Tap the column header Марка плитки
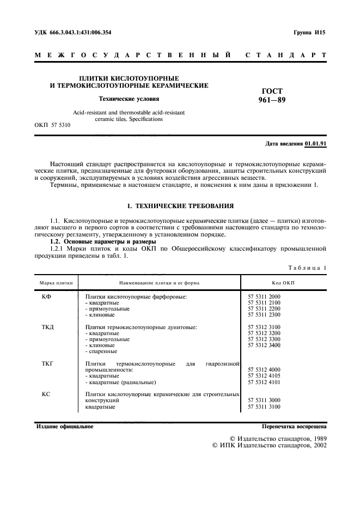(56, 283)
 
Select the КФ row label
(46, 296)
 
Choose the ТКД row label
(48, 327)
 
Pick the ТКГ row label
(48, 362)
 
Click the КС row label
(46, 393)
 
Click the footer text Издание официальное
(65, 427)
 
